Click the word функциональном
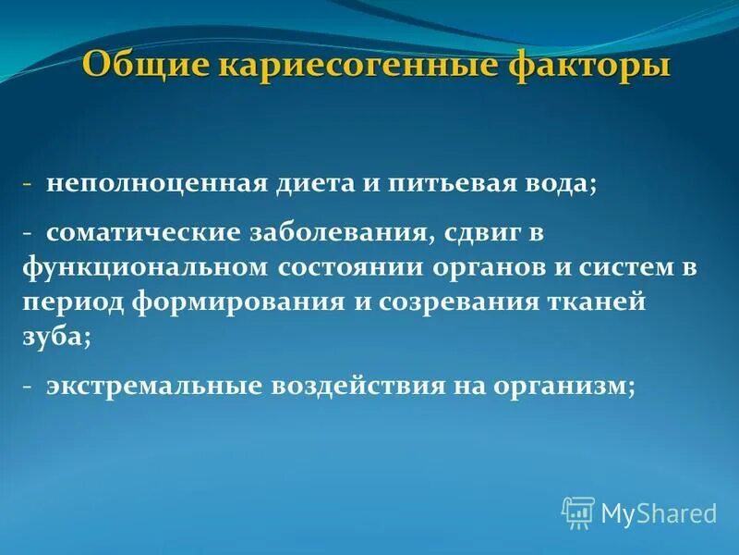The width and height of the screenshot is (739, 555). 145,269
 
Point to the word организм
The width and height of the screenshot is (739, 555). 560,388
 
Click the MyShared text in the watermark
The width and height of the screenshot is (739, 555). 659,512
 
